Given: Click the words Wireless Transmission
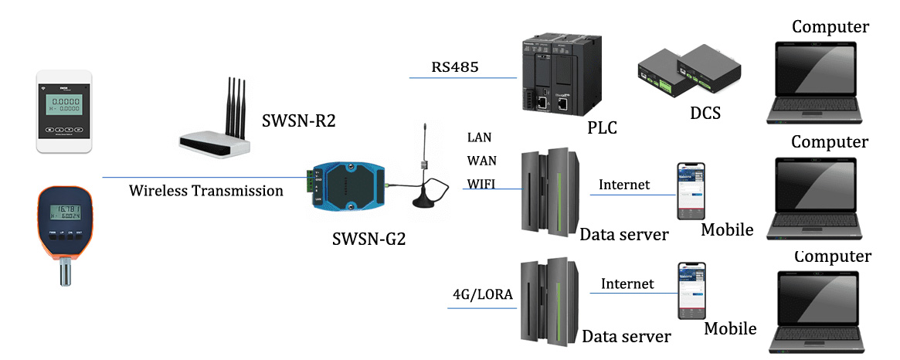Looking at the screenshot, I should (x=206, y=190).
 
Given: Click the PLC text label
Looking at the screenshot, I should (x=601, y=127).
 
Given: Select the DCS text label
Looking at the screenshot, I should (x=704, y=114).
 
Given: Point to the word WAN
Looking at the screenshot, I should (x=481, y=161).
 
